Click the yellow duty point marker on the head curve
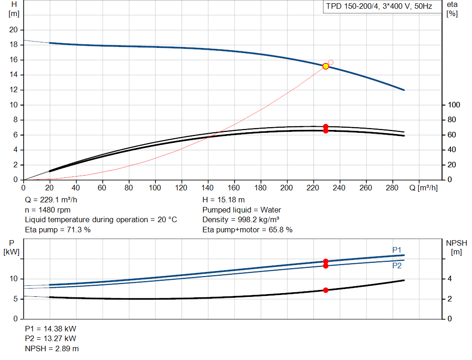pos(326,66)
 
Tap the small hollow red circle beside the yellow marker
pos(331,62)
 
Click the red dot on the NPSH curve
pos(326,290)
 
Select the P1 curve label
pos(397,250)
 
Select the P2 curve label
pos(397,266)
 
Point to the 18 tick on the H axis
pos(13,45)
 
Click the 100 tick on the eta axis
pos(454,105)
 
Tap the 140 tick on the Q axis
pos(207,188)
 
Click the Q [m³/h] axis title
pos(424,188)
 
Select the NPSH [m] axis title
pos(457,248)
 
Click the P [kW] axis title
pos(12,248)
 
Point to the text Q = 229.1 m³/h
pos(51,200)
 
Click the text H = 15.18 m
pos(224,200)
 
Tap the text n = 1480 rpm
pos(48,210)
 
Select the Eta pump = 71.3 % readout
pos(58,230)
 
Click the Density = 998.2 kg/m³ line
pos(241,220)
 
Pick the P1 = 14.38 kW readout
pos(51,329)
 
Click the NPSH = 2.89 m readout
pos(52,348)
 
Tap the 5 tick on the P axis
pos(16,299)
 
